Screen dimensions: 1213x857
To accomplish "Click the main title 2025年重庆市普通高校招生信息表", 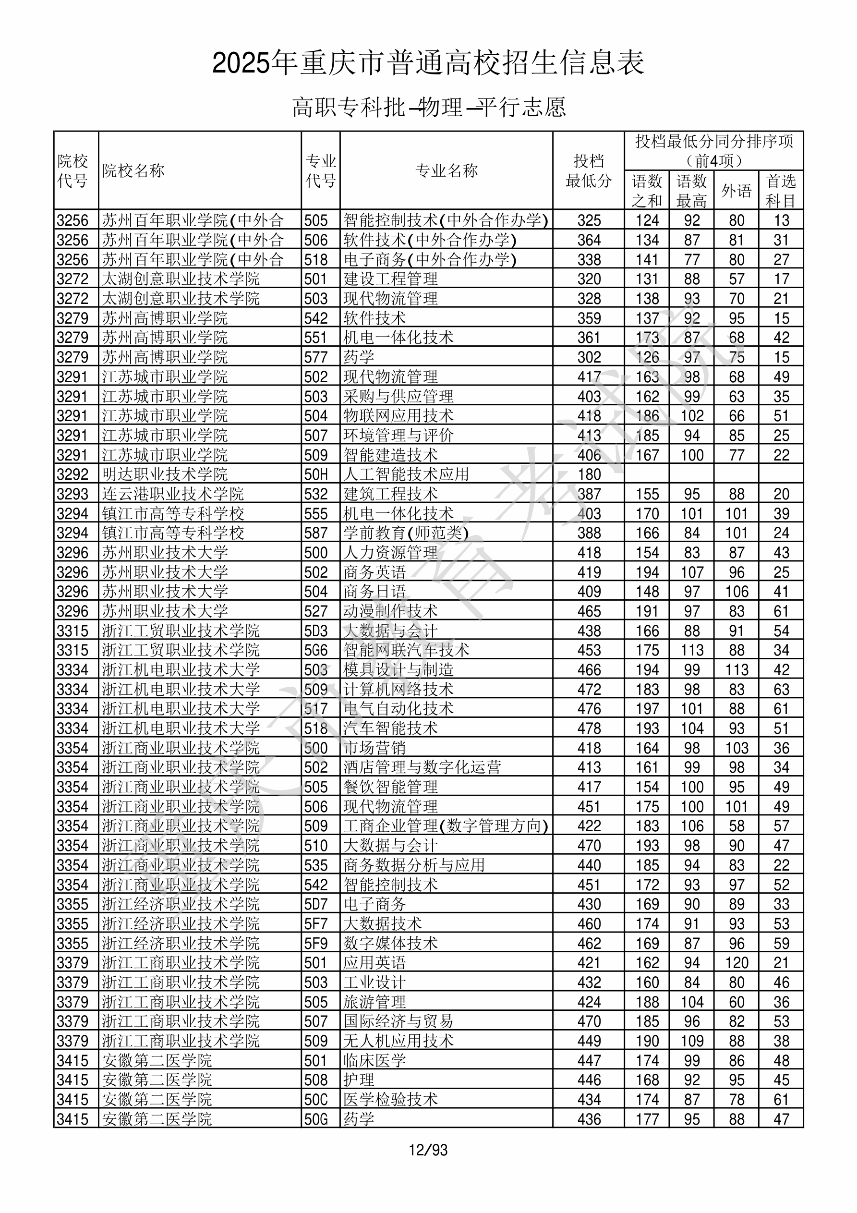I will tap(428, 63).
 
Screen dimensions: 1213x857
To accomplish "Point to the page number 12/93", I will tap(428, 1150).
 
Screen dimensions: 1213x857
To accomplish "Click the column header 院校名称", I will tap(133, 170).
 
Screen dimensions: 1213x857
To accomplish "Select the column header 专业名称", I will tap(447, 170).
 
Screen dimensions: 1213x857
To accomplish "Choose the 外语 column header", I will tap(736, 191).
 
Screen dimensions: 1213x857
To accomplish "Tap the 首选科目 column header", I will tap(781, 191).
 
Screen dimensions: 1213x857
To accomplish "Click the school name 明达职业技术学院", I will tap(165, 474).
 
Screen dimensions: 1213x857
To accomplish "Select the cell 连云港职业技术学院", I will tap(173, 494).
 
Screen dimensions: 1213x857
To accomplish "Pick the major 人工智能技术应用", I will tap(406, 474).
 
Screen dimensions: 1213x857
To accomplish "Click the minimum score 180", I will tap(589, 474).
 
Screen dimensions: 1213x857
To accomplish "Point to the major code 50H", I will tap(316, 474).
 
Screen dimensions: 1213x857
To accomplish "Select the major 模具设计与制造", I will tap(398, 670).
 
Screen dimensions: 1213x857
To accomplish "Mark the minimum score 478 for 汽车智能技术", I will tap(589, 728).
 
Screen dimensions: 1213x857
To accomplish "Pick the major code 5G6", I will tap(316, 650).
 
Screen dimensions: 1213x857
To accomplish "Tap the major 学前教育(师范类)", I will tap(406, 533).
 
